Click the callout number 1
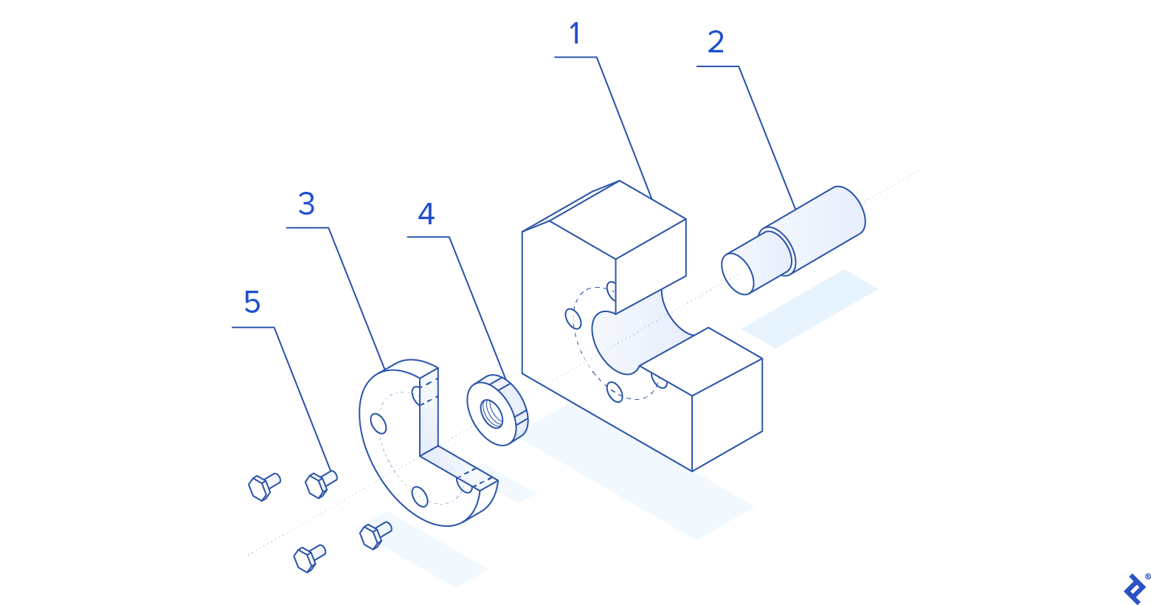coord(575,34)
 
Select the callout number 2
coord(715,42)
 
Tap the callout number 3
coord(306,204)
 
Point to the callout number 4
coord(426,214)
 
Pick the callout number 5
coord(252,302)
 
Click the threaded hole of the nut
coord(491,413)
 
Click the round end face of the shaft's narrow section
coord(737,274)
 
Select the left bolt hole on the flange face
coord(379,423)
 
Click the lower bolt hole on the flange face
coord(420,496)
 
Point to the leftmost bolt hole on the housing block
coord(573,319)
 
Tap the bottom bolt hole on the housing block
coord(615,391)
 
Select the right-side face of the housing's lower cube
coord(727,413)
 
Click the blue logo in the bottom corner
coord(1135,588)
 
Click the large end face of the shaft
coord(848,210)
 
